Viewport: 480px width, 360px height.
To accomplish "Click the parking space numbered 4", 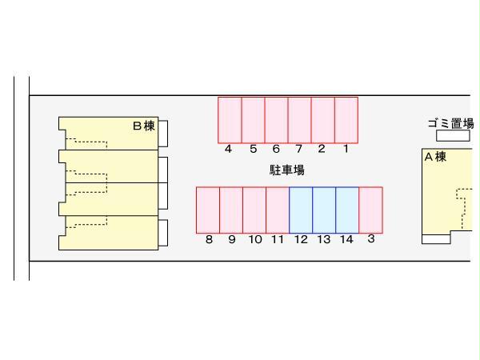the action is click(230, 120).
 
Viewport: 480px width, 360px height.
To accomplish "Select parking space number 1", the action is click(346, 120).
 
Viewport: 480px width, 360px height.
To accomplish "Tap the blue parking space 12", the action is click(301, 210).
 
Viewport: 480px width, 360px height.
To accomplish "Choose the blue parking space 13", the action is click(324, 210).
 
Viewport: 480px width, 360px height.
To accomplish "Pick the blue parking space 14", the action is click(347, 210).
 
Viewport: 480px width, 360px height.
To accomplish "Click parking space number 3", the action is click(370, 210).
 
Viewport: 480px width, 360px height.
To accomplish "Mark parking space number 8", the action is click(208, 210).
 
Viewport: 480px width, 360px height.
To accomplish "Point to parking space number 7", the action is click(300, 120).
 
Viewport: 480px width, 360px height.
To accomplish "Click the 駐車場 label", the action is click(287, 170).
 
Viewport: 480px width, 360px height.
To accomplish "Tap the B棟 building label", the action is click(144, 126).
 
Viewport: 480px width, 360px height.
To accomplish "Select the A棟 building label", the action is click(435, 157).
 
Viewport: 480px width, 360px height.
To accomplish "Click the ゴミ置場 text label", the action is click(450, 123).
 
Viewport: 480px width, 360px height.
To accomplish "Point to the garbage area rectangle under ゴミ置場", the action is click(453, 136).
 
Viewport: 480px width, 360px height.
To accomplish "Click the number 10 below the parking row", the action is click(255, 239).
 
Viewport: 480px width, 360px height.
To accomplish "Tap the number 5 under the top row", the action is click(253, 149).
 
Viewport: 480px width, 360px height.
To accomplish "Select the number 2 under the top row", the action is click(321, 149).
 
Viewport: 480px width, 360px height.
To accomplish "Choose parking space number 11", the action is click(278, 210).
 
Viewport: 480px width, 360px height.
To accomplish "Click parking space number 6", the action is click(277, 120).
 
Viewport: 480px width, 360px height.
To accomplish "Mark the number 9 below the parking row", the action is click(232, 239).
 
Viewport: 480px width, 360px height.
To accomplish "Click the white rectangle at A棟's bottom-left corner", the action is click(436, 239).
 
